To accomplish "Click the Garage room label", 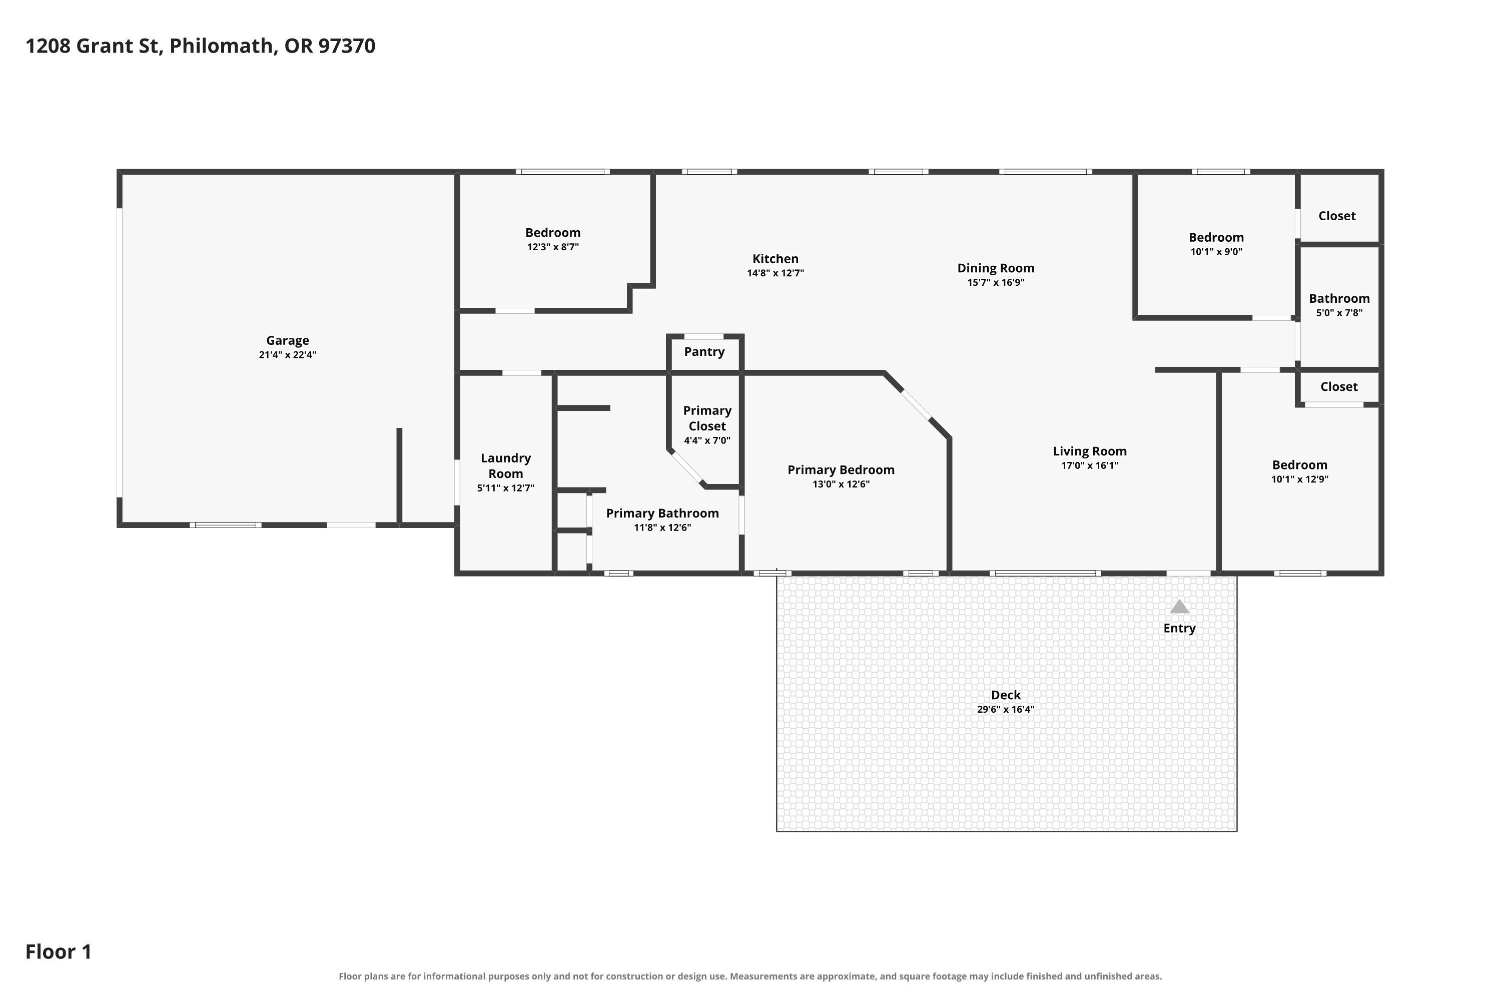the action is [x=287, y=340].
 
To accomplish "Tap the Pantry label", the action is [x=704, y=352].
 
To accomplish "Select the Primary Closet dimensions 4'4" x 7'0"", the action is [x=707, y=440].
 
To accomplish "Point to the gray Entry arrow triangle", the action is [x=1179, y=607].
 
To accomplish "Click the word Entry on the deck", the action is [x=1179, y=628].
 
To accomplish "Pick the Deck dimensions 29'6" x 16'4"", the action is [x=1005, y=709].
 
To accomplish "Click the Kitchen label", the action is [x=776, y=259].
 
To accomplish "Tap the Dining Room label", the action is [x=996, y=268].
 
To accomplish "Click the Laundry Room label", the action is [x=505, y=465].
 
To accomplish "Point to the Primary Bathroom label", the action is [x=662, y=514].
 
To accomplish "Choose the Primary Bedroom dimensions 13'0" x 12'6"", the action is [x=841, y=484].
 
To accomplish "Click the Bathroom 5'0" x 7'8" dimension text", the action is [x=1339, y=313].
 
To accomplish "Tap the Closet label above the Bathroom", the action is [x=1337, y=216].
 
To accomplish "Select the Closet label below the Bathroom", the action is [x=1339, y=386].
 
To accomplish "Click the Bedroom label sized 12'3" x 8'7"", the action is [x=553, y=232].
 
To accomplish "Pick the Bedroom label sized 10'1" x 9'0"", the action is [x=1216, y=237].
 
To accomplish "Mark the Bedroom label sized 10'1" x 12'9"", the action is [x=1299, y=465].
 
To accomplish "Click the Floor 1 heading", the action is [x=59, y=952].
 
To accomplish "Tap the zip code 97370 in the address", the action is [x=347, y=46].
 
